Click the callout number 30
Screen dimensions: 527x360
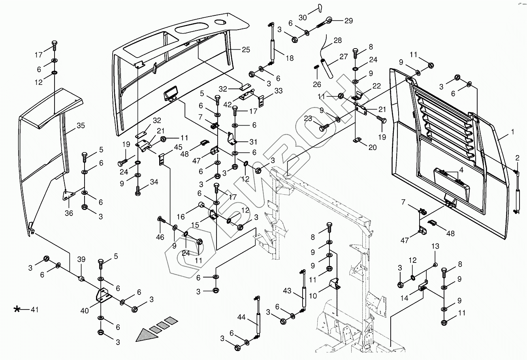(303, 17)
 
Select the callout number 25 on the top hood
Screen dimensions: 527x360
(246, 50)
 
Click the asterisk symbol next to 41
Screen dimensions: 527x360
(17, 309)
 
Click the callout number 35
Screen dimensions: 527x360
(81, 126)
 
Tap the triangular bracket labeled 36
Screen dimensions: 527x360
(68, 195)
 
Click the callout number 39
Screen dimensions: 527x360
(81, 259)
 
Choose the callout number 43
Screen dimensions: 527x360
(287, 291)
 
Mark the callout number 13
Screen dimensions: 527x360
(435, 246)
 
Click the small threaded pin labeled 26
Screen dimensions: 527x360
(316, 67)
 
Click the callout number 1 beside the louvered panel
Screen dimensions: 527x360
(513, 132)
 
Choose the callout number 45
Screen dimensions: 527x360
(178, 147)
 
